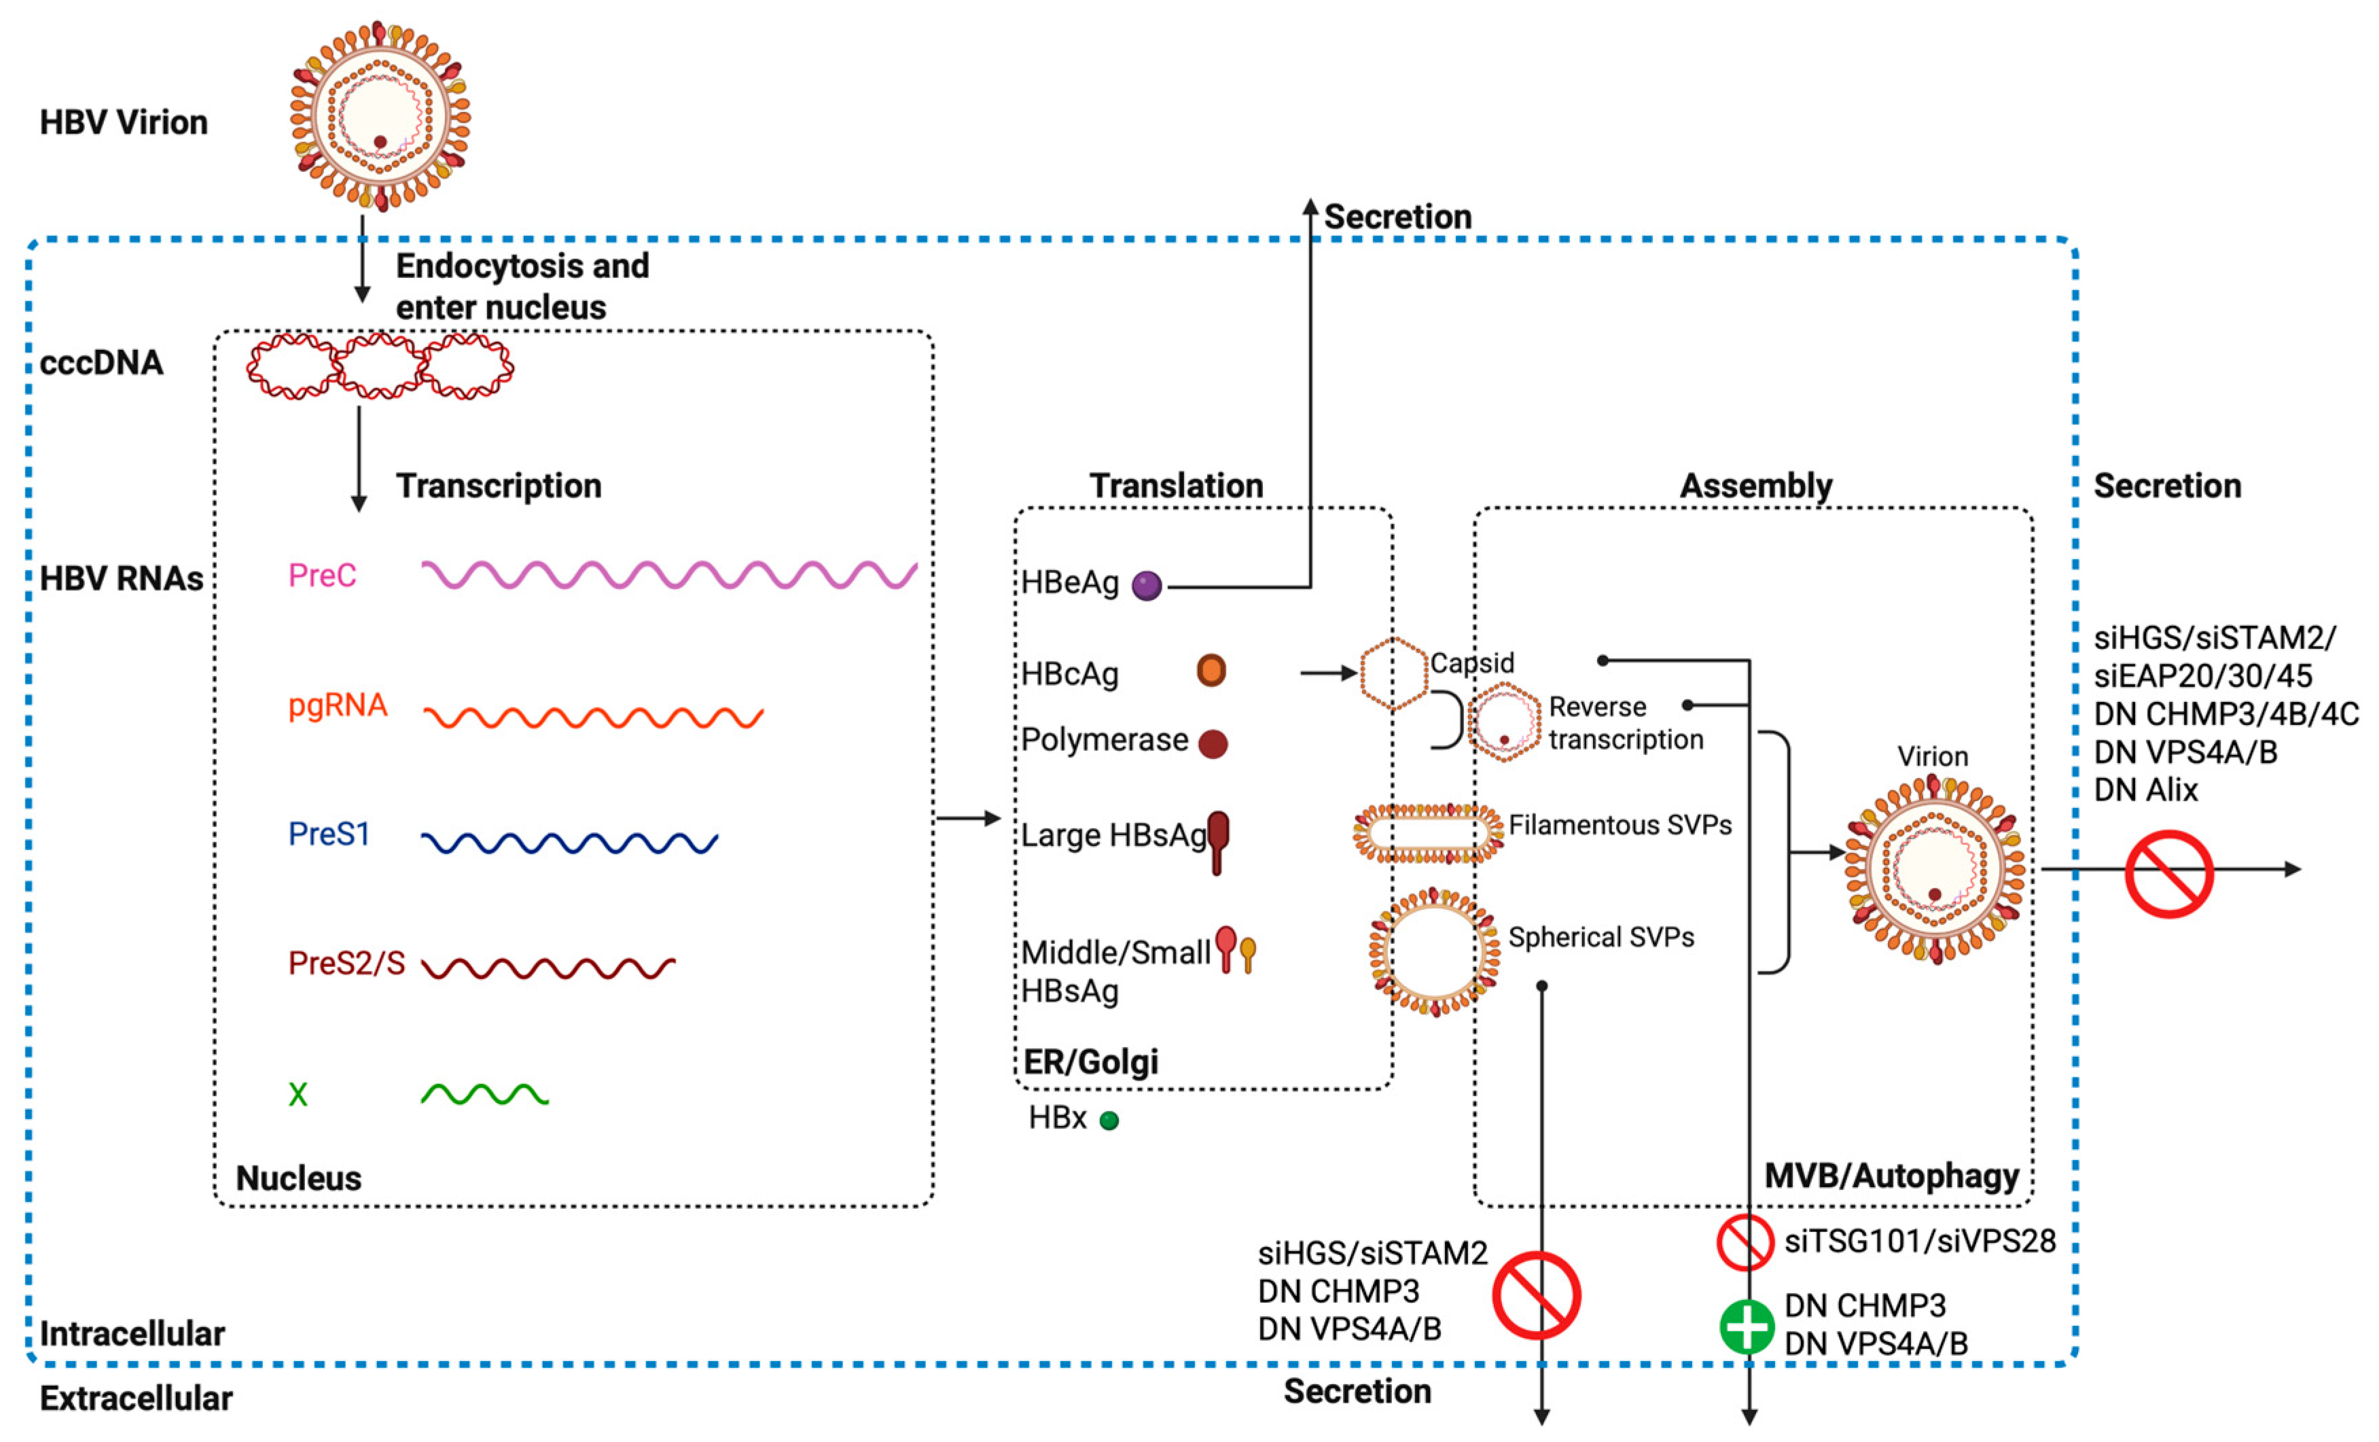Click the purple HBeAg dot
[x=1146, y=585]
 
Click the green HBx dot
[x=1109, y=1121]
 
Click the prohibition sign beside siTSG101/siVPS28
[x=1745, y=1242]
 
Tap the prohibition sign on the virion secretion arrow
[x=2168, y=873]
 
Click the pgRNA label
[x=337, y=706]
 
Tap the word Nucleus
[x=298, y=1178]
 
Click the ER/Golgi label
[x=1090, y=1062]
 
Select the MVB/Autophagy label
[x=1891, y=1176]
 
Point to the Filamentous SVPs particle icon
[x=1428, y=832]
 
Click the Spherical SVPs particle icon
[x=1434, y=952]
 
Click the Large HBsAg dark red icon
[x=1217, y=841]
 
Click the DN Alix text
[x=2145, y=790]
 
